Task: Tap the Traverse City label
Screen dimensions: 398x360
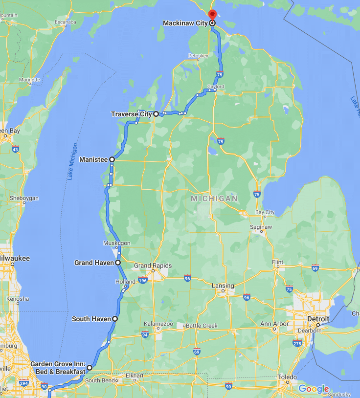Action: pos(131,114)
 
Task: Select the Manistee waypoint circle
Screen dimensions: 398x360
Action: pos(112,159)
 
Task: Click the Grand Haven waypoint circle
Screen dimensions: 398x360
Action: pos(118,263)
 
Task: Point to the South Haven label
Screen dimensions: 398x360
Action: pos(90,319)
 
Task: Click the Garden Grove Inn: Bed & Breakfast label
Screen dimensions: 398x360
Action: pos(58,368)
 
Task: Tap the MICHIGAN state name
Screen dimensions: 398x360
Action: pos(214,199)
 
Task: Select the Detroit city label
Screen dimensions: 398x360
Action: pos(318,319)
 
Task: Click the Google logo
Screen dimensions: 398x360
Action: pos(314,389)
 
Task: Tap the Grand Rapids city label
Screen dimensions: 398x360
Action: pos(153,266)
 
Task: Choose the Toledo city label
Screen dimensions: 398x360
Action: pos(287,377)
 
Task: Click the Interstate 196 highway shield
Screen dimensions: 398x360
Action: pos(143,280)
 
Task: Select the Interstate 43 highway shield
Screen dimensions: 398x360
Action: pos(16,149)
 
